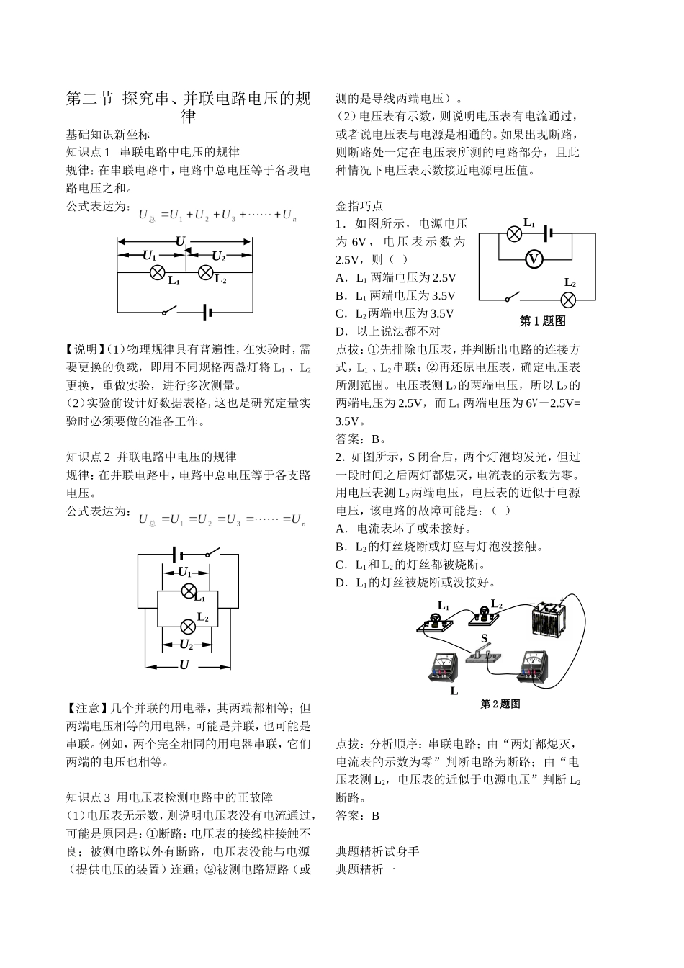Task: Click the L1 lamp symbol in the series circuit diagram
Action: coord(158,272)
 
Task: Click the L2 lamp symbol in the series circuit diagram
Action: coord(205,272)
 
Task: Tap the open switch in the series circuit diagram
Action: coord(170,311)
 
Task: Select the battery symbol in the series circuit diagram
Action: coord(207,311)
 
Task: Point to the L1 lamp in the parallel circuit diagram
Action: coord(189,591)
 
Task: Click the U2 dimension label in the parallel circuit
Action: coord(186,644)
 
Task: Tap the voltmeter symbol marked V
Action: coord(534,259)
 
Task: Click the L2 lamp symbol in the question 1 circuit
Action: coord(569,300)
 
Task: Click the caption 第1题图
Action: coord(542,321)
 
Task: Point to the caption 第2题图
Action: coord(500,704)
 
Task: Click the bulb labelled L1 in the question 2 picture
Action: coord(436,621)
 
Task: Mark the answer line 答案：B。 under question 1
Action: coord(361,439)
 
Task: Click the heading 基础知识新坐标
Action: coord(108,134)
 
